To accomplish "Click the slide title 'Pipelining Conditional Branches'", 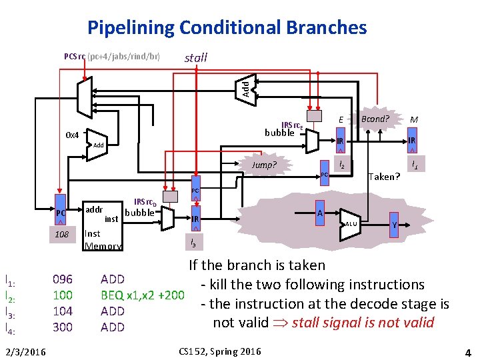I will coord(227,27).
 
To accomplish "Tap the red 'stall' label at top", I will coord(195,58).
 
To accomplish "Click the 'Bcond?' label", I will coord(374,119).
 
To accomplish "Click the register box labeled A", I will coord(320,213).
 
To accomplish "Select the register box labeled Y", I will coord(395,226).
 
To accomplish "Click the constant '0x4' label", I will coord(72,135).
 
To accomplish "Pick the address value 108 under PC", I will coord(61,235).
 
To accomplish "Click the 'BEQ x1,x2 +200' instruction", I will coord(142,295).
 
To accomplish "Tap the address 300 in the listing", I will coord(63,327).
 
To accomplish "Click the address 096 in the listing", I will coord(63,279).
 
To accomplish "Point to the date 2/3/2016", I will coord(24,351).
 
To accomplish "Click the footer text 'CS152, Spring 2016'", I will coord(220,351).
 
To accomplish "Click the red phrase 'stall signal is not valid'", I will coord(364,323).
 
